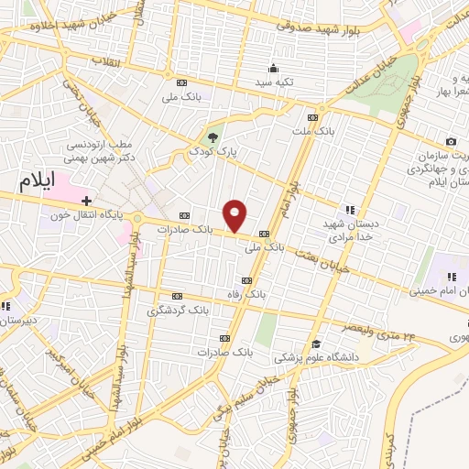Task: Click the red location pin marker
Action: pyautogui.click(x=235, y=215)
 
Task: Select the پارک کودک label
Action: pyautogui.click(x=213, y=152)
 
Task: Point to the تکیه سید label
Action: pyautogui.click(x=274, y=82)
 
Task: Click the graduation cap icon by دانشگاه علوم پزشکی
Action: pyautogui.click(x=315, y=343)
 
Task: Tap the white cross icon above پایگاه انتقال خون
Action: pyautogui.click(x=87, y=200)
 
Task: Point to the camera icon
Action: pyautogui.click(x=451, y=141)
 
